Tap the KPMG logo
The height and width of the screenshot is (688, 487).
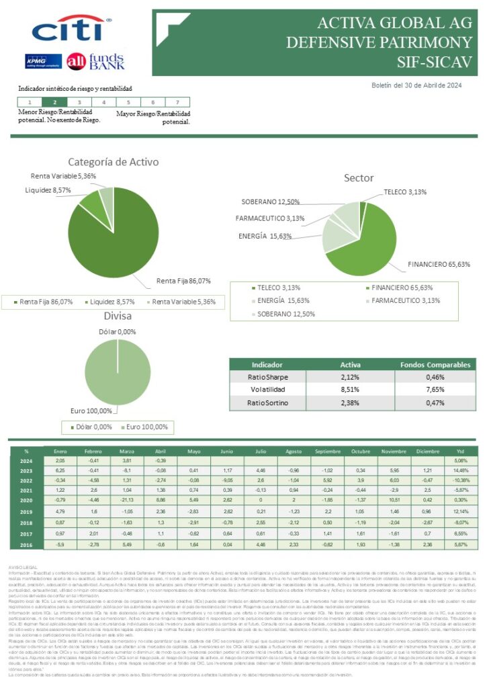[44, 61]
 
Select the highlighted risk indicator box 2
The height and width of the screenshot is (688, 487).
[54, 102]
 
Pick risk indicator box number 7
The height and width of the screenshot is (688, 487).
[177, 102]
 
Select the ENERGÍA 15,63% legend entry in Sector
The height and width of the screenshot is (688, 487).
[276, 300]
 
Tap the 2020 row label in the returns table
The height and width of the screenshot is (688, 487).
[26, 500]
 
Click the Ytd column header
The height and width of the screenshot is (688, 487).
[460, 451]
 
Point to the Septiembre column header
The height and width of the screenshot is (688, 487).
[327, 451]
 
